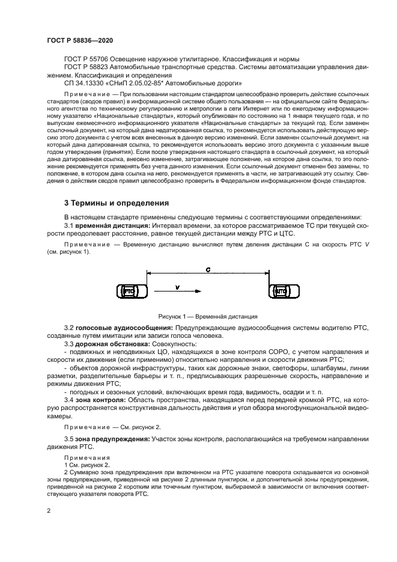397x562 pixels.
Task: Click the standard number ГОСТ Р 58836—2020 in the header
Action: click(80, 40)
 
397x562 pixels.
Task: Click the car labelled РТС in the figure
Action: click(129, 291)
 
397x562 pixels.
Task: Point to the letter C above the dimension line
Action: click(207, 272)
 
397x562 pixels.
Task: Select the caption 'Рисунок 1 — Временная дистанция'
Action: click(208, 315)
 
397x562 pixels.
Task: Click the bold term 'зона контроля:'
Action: click(100, 399)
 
